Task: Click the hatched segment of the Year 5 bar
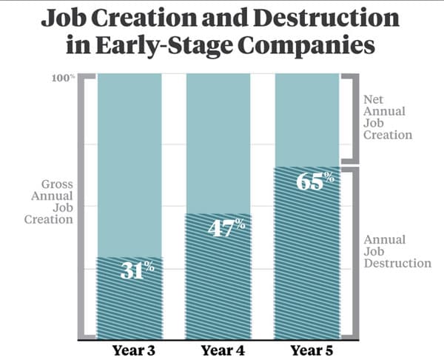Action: (x=307, y=267)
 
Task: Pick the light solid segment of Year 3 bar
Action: (x=129, y=163)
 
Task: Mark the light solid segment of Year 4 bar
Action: (x=218, y=141)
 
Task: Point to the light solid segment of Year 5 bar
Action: (x=307, y=119)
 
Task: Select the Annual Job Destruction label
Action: (x=396, y=252)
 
